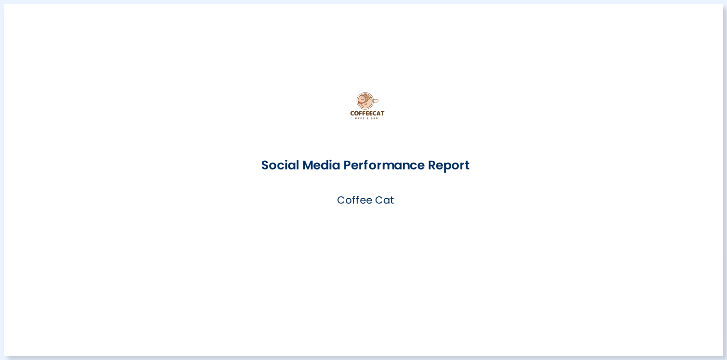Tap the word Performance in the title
click(x=384, y=165)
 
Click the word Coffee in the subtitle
click(x=351, y=200)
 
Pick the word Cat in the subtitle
click(x=385, y=200)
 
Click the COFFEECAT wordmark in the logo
click(x=367, y=114)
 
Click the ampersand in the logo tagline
click(x=367, y=118)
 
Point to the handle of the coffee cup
click(x=376, y=101)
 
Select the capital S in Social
click(x=265, y=165)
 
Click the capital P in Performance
click(x=347, y=165)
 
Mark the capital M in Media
click(x=308, y=165)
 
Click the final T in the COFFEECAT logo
click(x=382, y=114)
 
